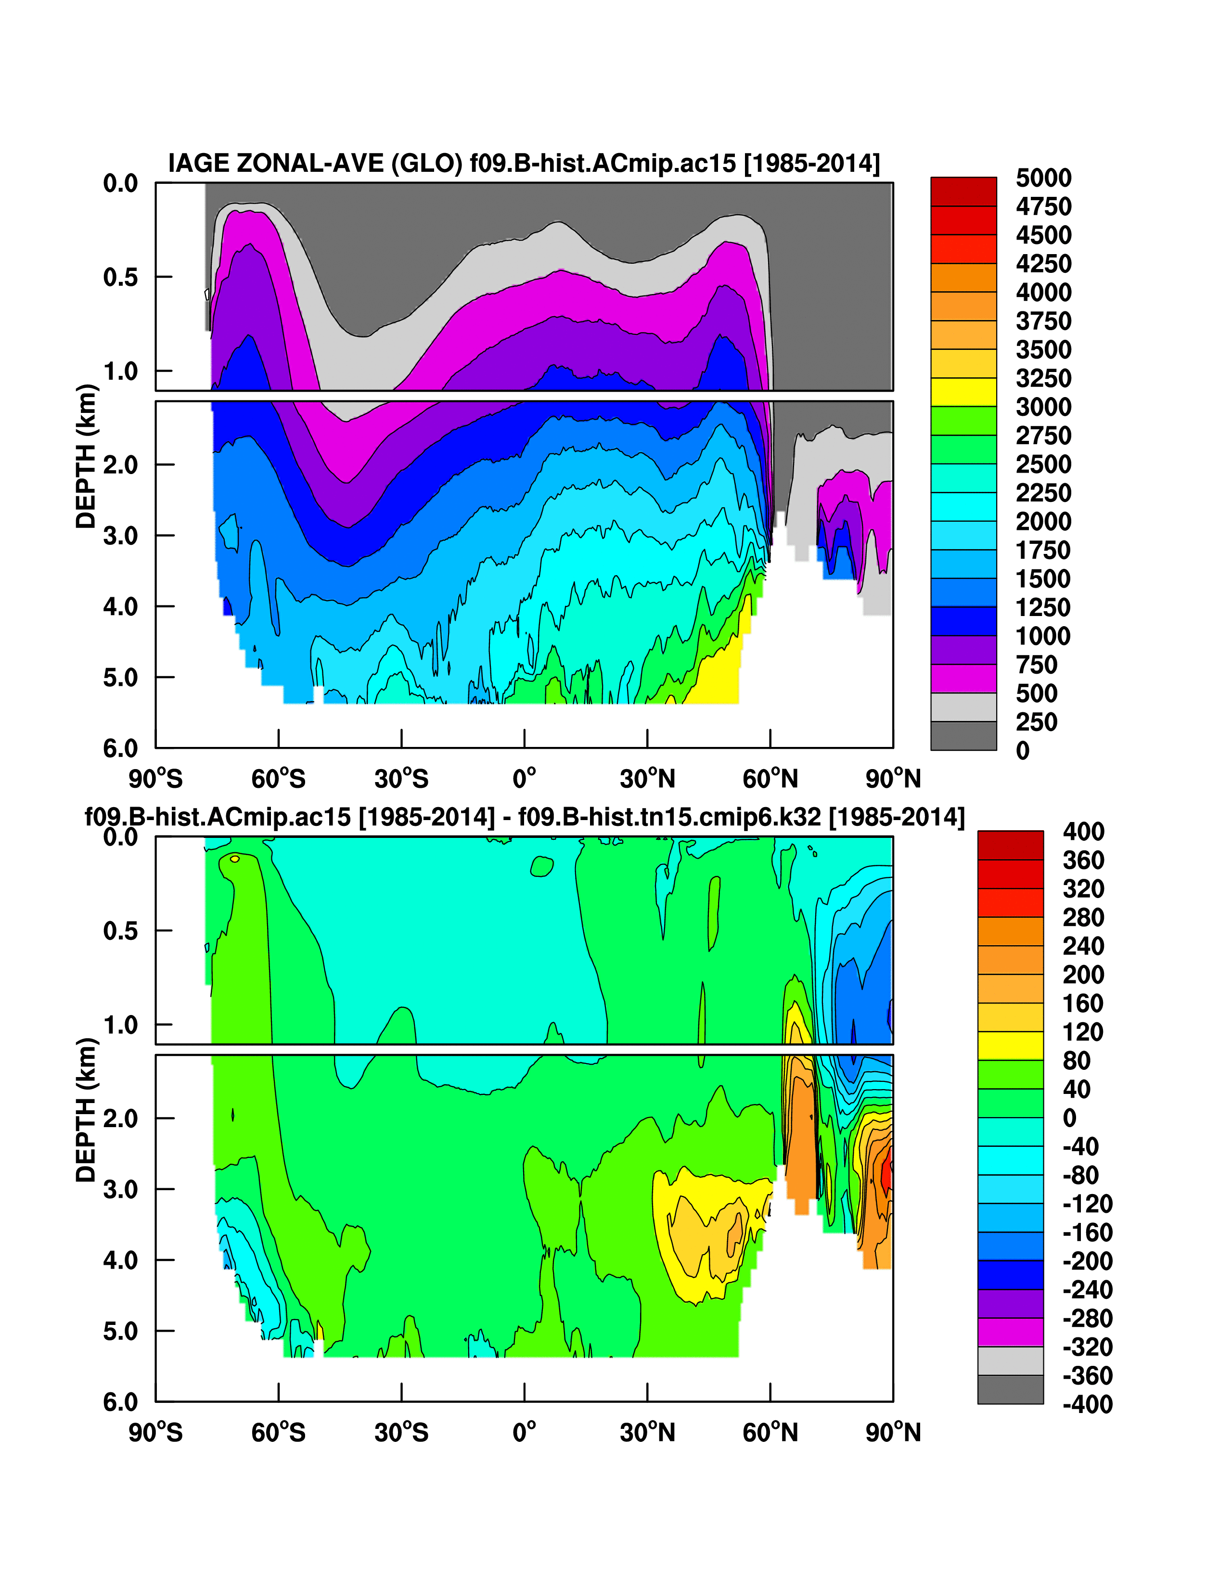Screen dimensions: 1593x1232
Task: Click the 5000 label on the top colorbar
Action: click(1043, 178)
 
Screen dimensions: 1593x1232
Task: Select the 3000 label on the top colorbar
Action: click(1043, 407)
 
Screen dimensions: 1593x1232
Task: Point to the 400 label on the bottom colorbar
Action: click(1083, 832)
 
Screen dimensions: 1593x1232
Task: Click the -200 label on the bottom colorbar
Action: click(1087, 1261)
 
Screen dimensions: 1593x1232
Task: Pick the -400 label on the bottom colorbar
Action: click(1087, 1404)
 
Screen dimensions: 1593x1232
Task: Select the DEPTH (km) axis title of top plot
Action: click(86, 456)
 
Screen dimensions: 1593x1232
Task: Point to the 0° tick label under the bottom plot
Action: click(524, 1433)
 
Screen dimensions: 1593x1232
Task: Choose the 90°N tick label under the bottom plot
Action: click(893, 1433)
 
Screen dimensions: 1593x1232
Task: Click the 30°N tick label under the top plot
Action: click(647, 779)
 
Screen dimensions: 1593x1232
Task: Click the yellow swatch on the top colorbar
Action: click(963, 392)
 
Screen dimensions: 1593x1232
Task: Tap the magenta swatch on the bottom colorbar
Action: click(1010, 1332)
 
